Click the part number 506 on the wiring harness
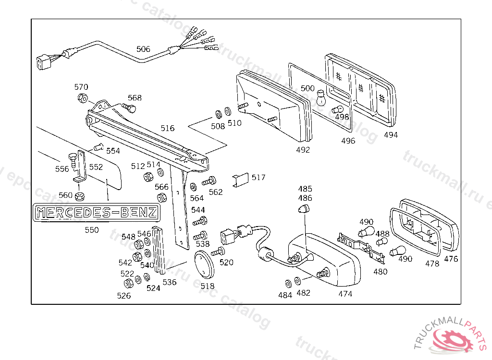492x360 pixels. (143, 49)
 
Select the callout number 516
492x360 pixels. (168, 128)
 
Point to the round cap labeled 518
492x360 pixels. (206, 265)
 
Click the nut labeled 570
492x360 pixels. (82, 98)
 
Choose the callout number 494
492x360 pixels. (391, 135)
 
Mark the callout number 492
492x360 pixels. (303, 150)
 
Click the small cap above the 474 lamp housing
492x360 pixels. (303, 208)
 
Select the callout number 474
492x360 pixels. (345, 294)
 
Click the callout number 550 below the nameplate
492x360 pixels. (92, 230)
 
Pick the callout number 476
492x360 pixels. (451, 259)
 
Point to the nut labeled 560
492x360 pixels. (80, 196)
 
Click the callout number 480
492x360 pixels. (380, 271)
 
